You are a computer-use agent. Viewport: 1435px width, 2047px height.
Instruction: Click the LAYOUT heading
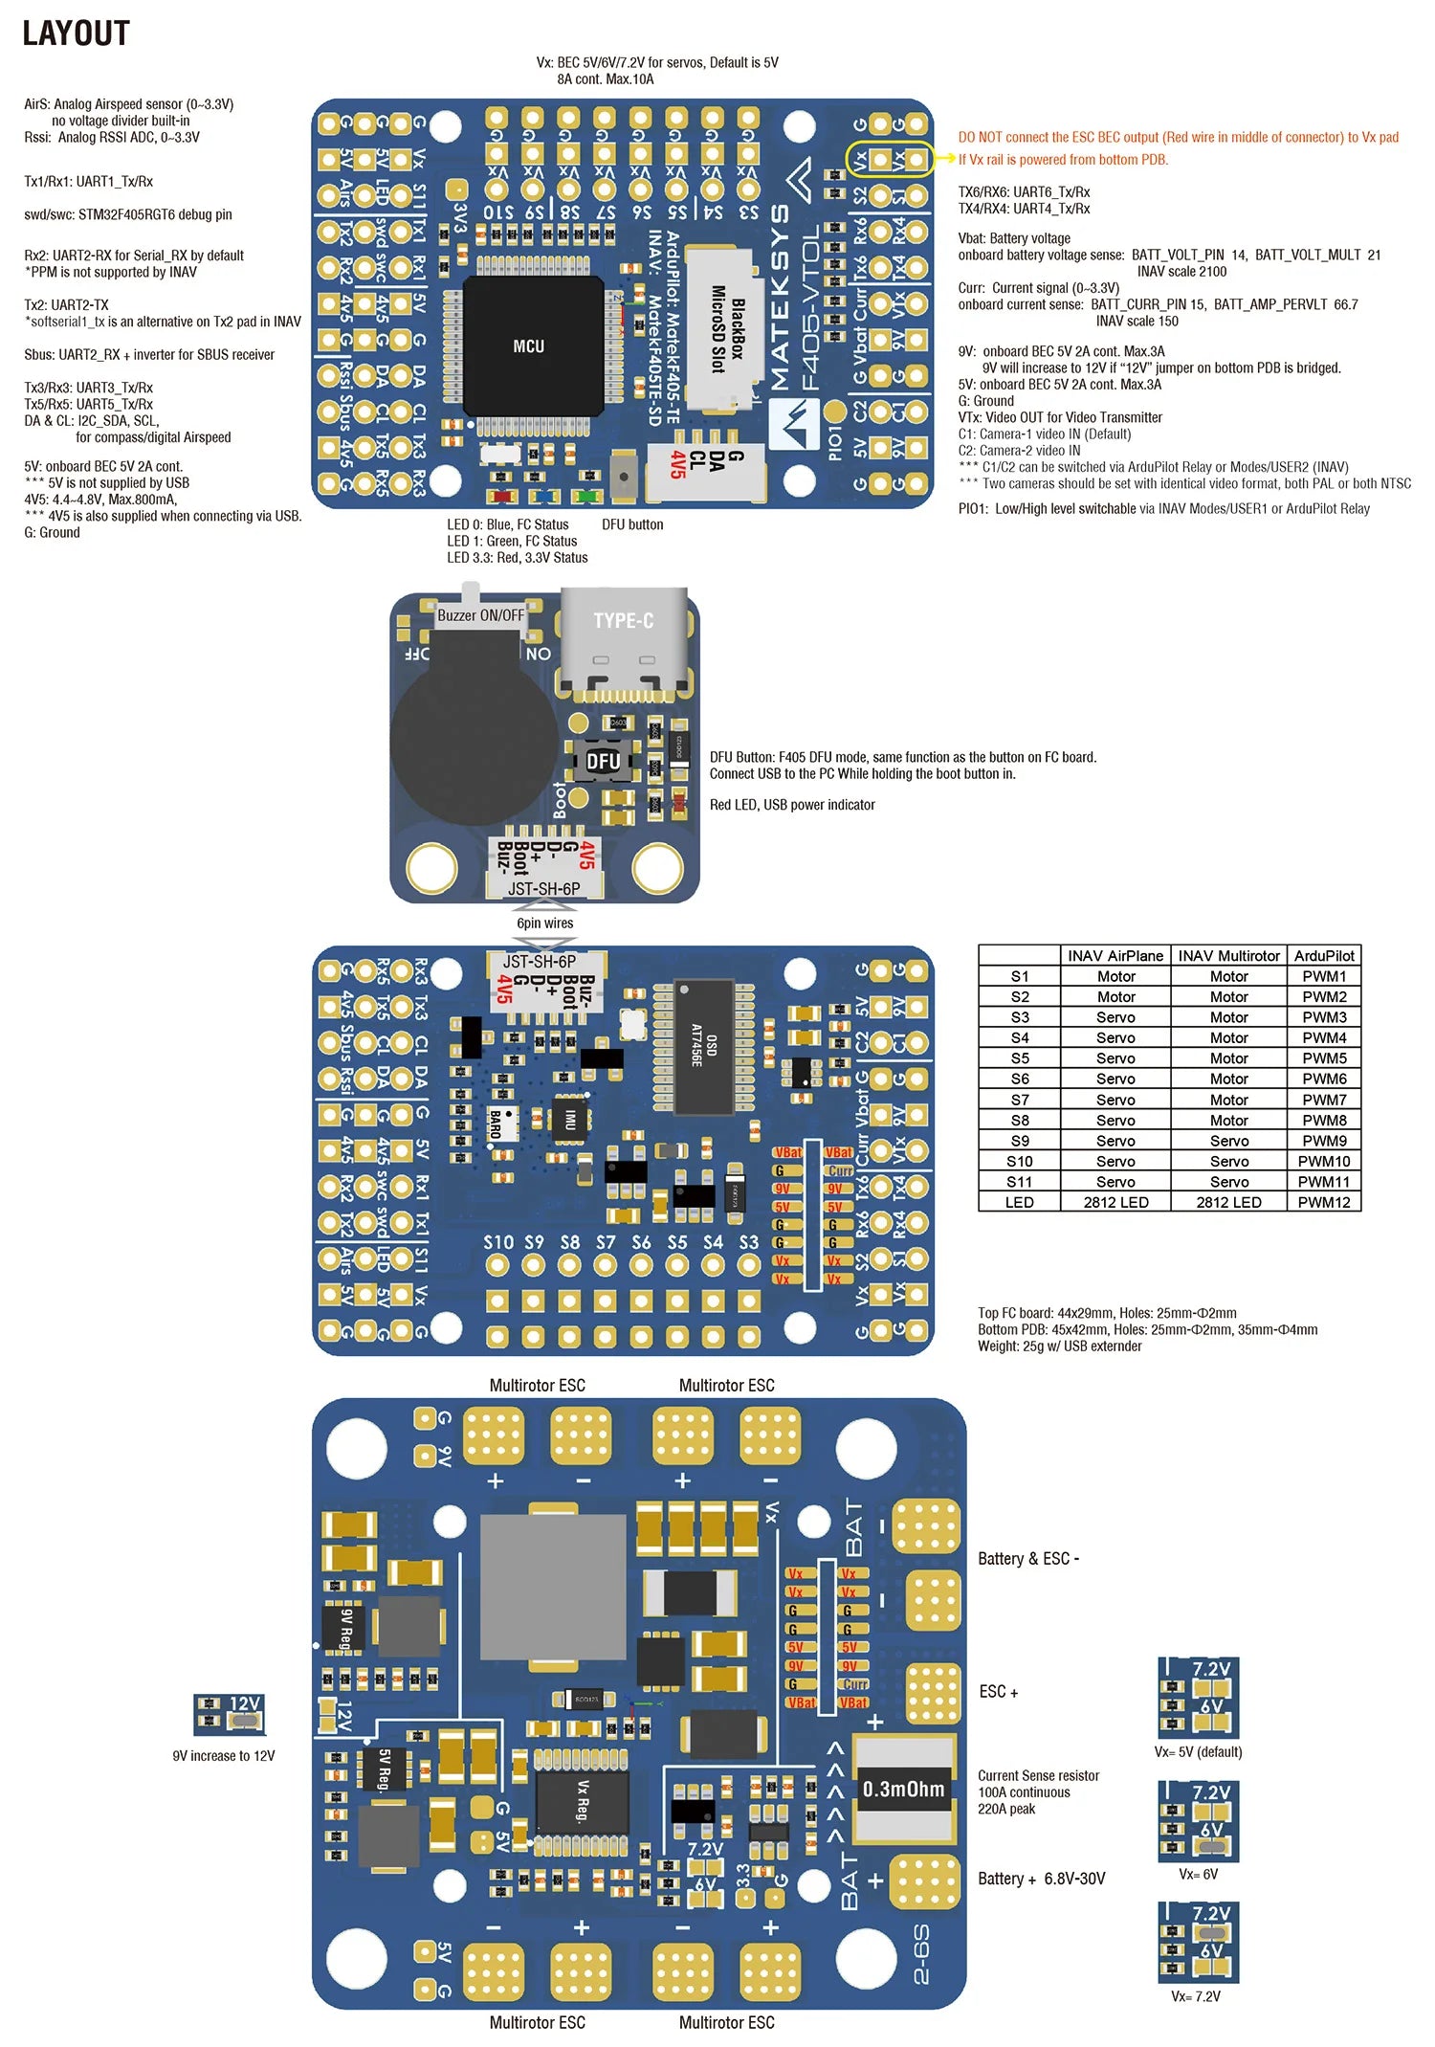coord(76,33)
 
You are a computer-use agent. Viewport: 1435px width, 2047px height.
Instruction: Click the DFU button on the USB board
coord(603,762)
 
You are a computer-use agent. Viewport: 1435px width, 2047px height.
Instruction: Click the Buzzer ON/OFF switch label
coord(480,615)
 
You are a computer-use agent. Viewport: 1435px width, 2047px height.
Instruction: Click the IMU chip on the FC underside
coord(570,1119)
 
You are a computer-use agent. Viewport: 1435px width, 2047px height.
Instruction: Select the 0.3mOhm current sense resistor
coord(903,1789)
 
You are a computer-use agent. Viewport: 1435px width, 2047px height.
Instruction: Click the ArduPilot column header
coord(1323,955)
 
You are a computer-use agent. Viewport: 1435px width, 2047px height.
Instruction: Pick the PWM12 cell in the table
coord(1323,1202)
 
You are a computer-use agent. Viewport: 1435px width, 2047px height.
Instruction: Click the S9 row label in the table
coord(1019,1141)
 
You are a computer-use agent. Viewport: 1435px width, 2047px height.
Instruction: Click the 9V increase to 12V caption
coord(223,1755)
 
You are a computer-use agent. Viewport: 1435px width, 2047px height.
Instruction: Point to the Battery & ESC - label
coord(1027,1558)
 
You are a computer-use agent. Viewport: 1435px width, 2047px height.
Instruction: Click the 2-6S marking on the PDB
coord(920,1954)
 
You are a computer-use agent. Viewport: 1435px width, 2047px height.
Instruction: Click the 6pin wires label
coord(544,923)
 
